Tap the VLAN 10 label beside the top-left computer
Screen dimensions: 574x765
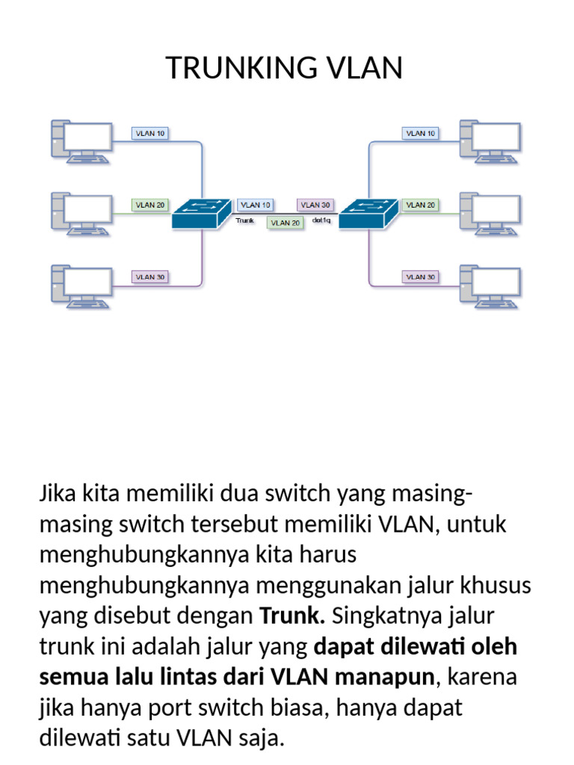[x=149, y=133]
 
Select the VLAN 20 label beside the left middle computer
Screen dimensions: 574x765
[x=149, y=205]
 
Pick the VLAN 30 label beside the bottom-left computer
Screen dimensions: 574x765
[x=149, y=276]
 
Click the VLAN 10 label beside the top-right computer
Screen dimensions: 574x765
[x=420, y=133]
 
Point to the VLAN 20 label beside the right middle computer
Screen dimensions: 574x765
[x=420, y=205]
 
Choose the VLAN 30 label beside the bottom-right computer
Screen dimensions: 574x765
[x=420, y=276]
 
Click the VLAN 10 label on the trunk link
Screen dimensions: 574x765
[x=256, y=205]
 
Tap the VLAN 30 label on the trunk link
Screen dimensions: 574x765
[x=315, y=205]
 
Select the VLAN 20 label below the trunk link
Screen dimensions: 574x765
[x=286, y=223]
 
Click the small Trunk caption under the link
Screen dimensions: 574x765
[x=245, y=220]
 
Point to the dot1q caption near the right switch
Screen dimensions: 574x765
[x=321, y=220]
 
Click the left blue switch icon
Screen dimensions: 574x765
[x=202, y=213]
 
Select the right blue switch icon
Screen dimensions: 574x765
[x=369, y=213]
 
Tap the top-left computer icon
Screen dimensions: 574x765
[x=81, y=141]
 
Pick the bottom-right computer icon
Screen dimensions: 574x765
[x=490, y=286]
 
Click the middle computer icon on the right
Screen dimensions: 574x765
[x=490, y=214]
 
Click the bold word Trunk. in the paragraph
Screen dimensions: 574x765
[x=292, y=616]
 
